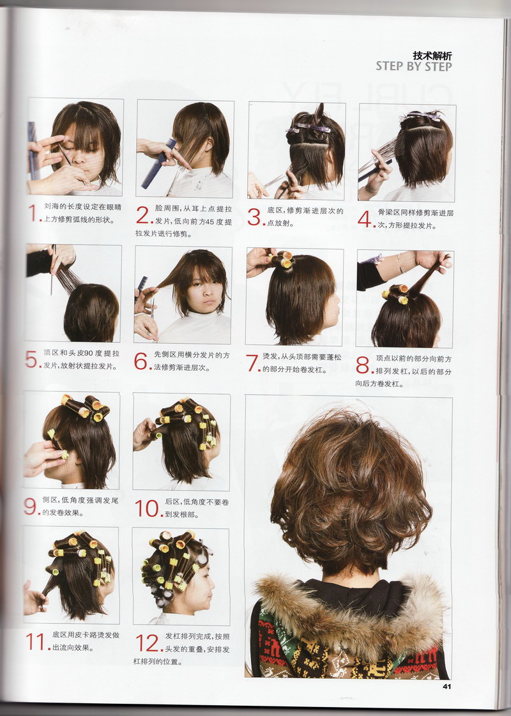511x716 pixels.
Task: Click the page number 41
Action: [x=447, y=686]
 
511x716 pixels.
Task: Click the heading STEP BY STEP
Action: [x=414, y=66]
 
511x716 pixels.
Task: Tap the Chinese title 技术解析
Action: [x=432, y=56]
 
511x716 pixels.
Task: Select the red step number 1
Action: [x=33, y=213]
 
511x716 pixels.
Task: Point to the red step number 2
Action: [x=143, y=215]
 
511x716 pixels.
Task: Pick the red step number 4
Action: [x=365, y=218]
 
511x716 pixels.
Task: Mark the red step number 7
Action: [x=252, y=363]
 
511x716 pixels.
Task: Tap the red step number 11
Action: [x=36, y=641]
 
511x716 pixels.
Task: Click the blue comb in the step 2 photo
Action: [x=158, y=164]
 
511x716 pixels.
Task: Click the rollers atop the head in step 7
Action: [x=282, y=259]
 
